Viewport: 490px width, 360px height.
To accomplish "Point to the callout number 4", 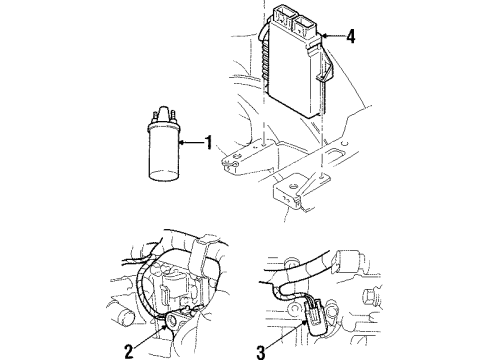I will click(x=351, y=38).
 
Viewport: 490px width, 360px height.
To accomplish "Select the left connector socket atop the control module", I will click(x=281, y=17).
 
